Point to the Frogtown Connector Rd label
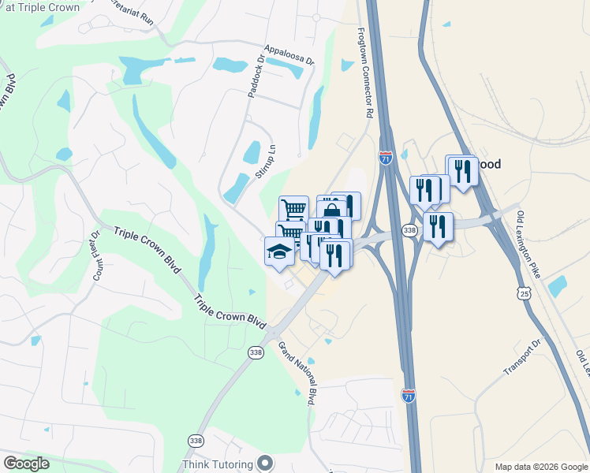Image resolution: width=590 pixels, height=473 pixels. pyautogui.click(x=364, y=73)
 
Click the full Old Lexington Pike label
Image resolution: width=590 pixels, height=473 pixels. pyautogui.click(x=528, y=244)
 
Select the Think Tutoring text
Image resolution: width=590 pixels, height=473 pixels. pyautogui.click(x=218, y=464)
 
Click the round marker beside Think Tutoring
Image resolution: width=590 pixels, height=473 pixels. pyautogui.click(x=264, y=464)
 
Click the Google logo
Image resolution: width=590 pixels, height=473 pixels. pyautogui.click(x=26, y=464)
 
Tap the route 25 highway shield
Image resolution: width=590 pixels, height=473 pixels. pyautogui.click(x=524, y=293)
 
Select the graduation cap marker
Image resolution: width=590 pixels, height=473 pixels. pyautogui.click(x=278, y=251)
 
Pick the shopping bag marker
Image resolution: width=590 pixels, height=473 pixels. pyautogui.click(x=332, y=211)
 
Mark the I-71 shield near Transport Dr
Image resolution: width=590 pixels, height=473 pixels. pyautogui.click(x=408, y=394)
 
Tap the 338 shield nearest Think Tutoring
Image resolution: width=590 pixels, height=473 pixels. pyautogui.click(x=196, y=440)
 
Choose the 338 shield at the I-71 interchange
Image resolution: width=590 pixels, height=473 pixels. pyautogui.click(x=409, y=230)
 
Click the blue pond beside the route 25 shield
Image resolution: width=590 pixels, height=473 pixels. pyautogui.click(x=557, y=286)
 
